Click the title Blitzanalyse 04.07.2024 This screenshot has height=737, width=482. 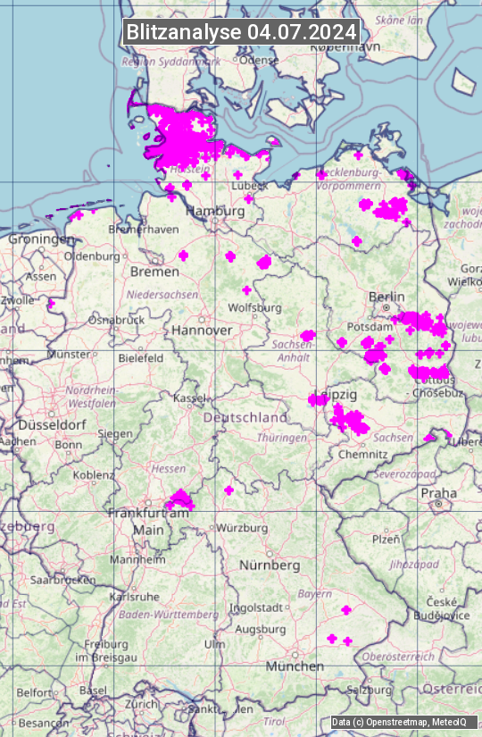point(241,31)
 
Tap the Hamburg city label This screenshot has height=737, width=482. point(215,212)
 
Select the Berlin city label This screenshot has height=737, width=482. point(386,297)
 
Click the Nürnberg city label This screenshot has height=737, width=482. point(270,565)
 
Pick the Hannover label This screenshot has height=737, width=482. point(202,330)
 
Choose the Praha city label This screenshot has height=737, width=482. point(438,493)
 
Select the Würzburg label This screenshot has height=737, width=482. point(242,528)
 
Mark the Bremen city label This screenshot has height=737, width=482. point(154,271)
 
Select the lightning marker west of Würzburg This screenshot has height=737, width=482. point(229,490)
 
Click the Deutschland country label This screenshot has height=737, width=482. point(245,417)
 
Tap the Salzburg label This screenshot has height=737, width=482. point(370,690)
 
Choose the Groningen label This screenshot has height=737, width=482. point(42,239)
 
